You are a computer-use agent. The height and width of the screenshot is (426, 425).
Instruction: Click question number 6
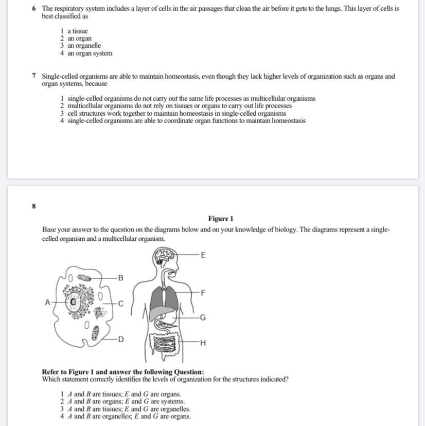[33, 9]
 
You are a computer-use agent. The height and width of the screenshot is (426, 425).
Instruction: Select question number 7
[33, 76]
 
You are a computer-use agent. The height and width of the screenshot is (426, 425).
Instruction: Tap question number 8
[33, 206]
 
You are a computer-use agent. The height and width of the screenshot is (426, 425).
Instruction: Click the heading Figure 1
[221, 219]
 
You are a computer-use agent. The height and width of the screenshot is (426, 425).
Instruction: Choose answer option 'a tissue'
[78, 31]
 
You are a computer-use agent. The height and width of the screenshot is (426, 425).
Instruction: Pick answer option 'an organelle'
[84, 46]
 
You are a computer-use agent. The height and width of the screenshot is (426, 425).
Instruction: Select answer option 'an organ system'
[90, 53]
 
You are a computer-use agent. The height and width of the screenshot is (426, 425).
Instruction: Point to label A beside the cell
[47, 303]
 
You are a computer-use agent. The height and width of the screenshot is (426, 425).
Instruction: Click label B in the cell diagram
[121, 278]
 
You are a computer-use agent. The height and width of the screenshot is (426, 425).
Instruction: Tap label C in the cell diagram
[121, 304]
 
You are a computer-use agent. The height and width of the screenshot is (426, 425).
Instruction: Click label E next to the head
[203, 255]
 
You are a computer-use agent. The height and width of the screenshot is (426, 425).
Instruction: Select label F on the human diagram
[203, 293]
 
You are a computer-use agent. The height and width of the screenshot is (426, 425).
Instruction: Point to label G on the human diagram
[203, 317]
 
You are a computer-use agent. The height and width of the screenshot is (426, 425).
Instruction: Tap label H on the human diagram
[203, 343]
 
